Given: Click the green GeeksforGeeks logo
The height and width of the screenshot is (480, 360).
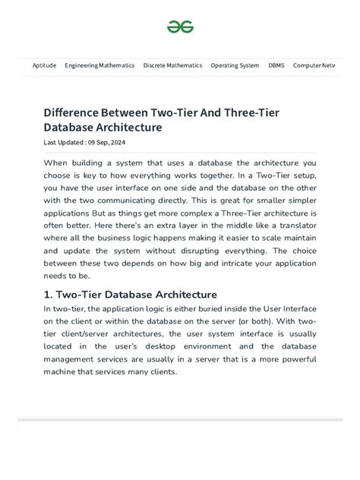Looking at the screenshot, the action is coord(180,27).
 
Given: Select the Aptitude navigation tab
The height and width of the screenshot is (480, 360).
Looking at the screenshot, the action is coord(44,65).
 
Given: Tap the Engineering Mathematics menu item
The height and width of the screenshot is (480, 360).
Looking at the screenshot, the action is coord(99,65).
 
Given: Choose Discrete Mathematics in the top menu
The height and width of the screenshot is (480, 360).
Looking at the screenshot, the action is coord(172,65).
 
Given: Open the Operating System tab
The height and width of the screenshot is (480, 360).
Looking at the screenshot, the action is coord(235,65).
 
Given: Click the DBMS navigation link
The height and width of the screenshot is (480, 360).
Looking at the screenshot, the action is coord(276,65).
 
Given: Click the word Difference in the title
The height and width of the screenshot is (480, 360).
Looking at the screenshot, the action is coord(74,112).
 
